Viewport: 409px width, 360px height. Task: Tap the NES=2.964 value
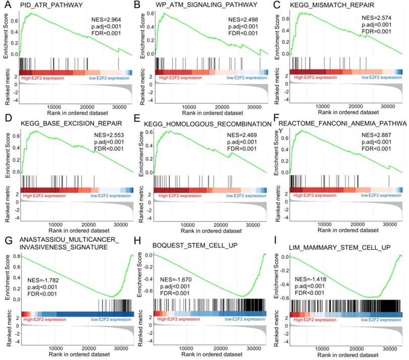103,21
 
